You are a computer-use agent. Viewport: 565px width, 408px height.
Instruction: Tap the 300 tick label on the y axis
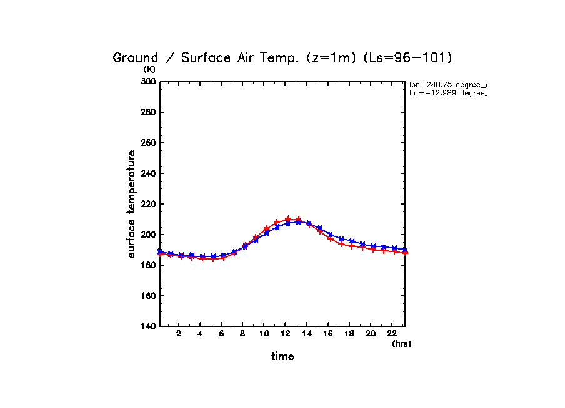149,82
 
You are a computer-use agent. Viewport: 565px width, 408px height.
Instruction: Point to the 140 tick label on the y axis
149,326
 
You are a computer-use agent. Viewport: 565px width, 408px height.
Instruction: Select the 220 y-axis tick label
149,204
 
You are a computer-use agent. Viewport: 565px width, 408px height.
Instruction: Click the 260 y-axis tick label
149,143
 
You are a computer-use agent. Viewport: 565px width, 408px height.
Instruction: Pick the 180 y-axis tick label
149,265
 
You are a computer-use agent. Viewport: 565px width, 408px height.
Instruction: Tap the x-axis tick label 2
179,334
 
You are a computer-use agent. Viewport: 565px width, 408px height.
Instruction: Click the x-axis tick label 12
286,334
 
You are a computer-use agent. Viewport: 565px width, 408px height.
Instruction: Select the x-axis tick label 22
392,334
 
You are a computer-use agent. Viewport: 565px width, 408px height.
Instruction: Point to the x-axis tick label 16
328,334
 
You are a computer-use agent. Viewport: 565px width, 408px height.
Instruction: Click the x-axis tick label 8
243,334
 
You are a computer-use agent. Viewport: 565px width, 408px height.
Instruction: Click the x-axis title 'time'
282,356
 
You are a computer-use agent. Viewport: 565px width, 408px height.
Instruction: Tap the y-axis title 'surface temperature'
131,204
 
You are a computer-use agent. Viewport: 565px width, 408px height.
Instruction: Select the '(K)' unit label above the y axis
149,69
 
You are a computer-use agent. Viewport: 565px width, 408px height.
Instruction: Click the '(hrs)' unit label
401,344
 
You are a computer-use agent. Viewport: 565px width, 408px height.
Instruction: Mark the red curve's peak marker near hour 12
288,219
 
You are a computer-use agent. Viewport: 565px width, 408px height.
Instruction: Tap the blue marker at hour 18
352,241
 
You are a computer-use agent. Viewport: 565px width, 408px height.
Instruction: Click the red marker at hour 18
352,246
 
